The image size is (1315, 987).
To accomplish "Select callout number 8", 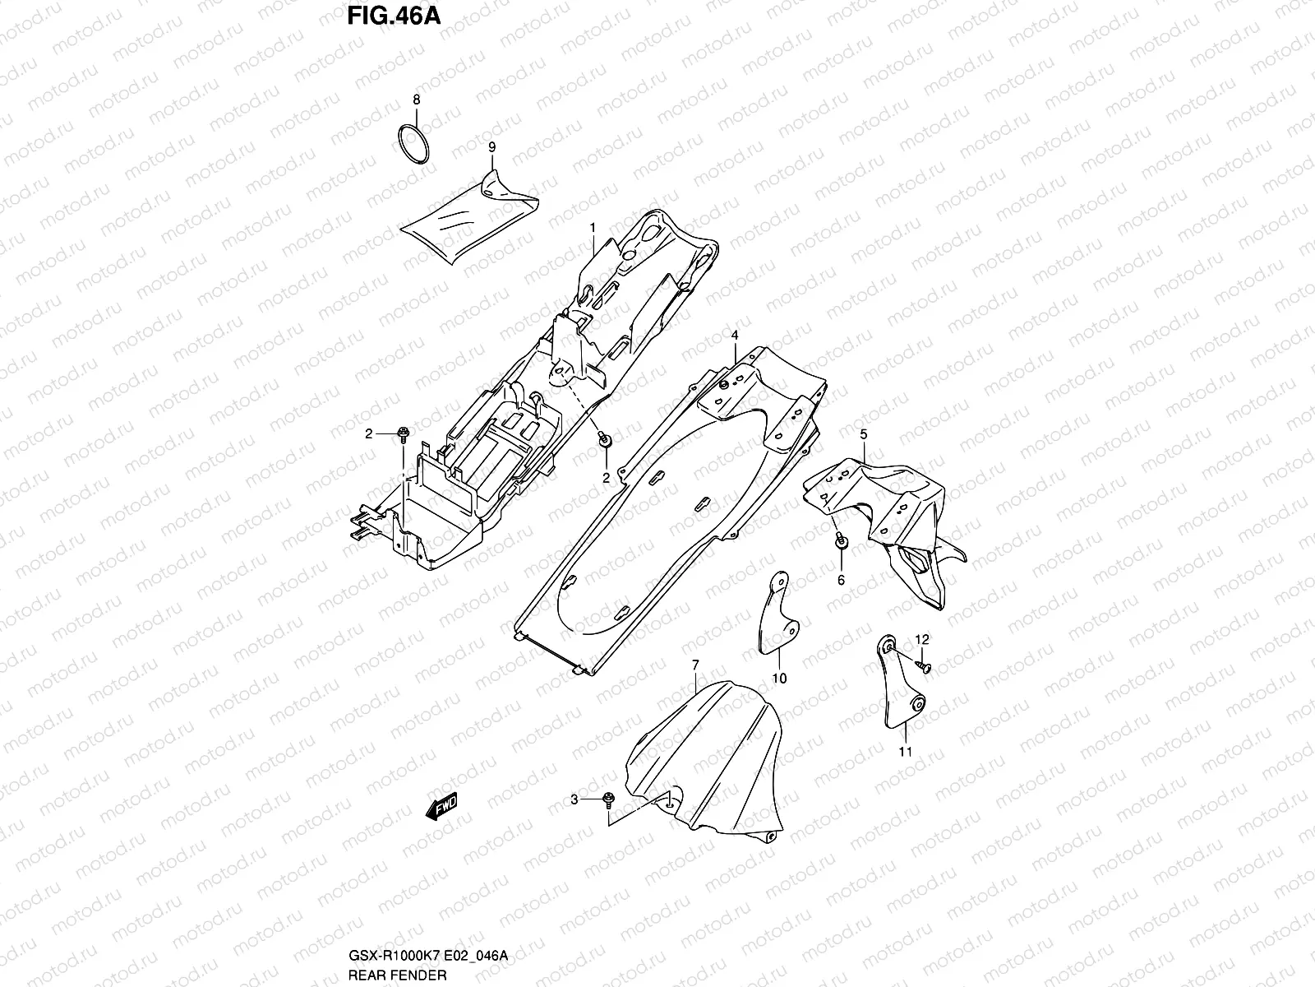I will point(416,100).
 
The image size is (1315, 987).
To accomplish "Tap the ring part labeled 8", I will point(416,146).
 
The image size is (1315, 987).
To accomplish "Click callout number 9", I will point(491,147).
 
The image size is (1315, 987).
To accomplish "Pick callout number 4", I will point(735,336).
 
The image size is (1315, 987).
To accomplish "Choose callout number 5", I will point(864,433).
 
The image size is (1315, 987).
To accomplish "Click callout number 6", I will point(841,580).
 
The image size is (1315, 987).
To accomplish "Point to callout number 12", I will point(921,639).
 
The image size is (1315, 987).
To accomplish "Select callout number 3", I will point(575,799).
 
